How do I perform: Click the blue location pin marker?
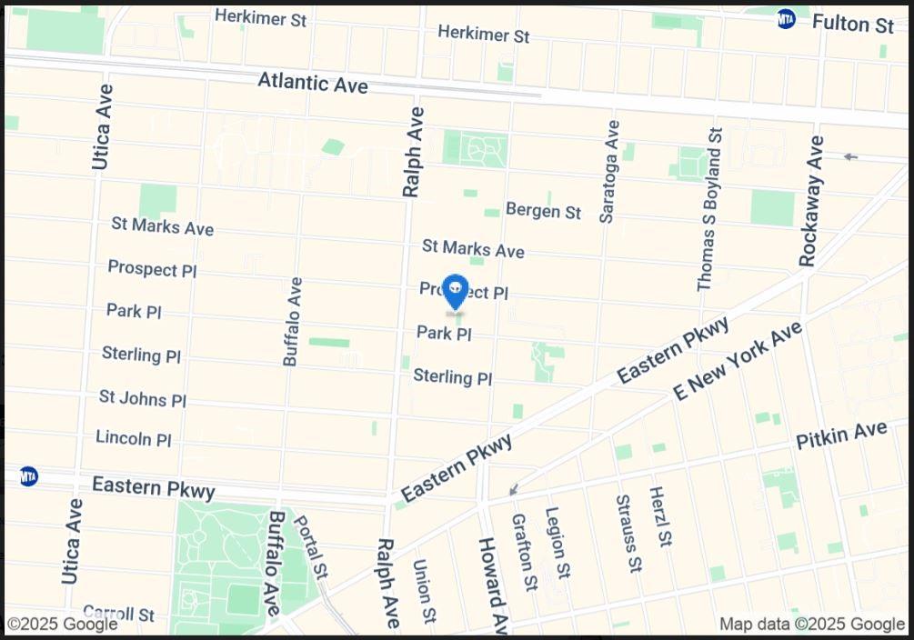455,292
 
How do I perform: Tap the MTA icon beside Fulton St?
787,19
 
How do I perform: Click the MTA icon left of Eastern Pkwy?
29,476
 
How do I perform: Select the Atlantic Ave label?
313,82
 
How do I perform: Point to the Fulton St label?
852,24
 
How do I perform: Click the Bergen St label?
543,211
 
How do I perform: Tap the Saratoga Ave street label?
609,172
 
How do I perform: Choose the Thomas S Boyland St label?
709,210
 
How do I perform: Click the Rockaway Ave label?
811,201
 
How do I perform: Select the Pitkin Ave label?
841,435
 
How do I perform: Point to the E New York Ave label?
738,361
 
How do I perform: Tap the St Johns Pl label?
143,398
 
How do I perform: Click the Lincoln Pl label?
134,438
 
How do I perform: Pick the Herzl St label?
660,516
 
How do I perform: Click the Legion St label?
557,543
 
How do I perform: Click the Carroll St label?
118,614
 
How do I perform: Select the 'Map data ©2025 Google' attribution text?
812,625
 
